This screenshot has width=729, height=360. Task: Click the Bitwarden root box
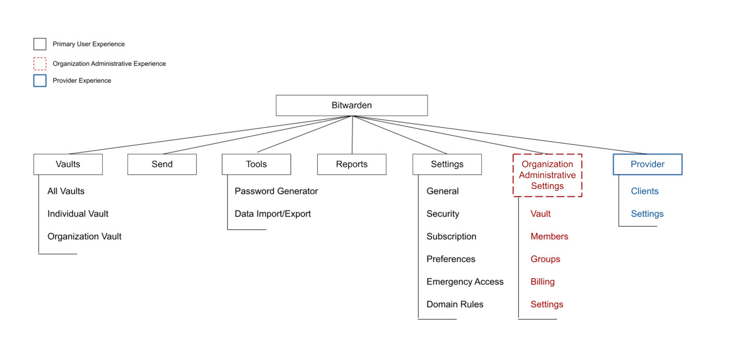(x=351, y=105)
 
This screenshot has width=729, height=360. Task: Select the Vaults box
(x=68, y=164)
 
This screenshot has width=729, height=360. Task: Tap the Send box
(x=162, y=164)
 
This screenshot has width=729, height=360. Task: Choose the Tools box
(x=256, y=164)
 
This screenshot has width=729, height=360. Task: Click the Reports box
(x=351, y=164)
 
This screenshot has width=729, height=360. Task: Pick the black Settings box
(x=447, y=164)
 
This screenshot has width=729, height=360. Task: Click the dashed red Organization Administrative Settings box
(x=547, y=175)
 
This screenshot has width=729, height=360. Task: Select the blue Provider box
(x=647, y=164)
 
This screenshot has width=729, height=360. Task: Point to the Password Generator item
(x=276, y=191)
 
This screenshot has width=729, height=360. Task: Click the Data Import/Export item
(x=272, y=214)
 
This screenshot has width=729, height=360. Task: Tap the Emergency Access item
(x=464, y=282)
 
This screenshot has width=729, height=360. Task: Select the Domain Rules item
(x=455, y=304)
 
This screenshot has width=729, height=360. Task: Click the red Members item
(x=549, y=237)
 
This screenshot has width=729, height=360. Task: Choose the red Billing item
(x=542, y=282)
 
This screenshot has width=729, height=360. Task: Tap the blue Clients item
(x=644, y=191)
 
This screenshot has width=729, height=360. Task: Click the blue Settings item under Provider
(x=647, y=214)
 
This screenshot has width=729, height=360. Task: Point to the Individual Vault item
(x=78, y=214)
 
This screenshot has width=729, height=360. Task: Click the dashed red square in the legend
(x=40, y=64)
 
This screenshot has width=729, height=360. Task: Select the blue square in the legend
(x=40, y=81)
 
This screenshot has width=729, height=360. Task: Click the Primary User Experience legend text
(x=89, y=44)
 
